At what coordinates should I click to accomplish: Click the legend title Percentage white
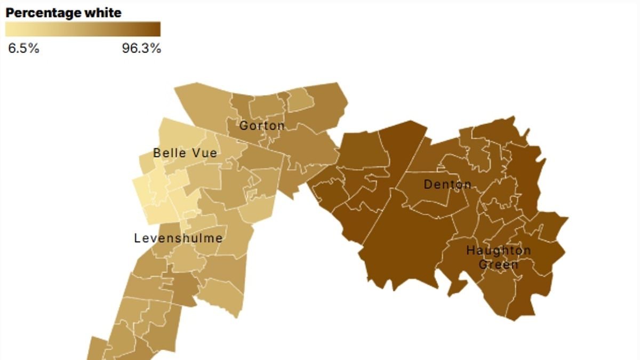point(63,13)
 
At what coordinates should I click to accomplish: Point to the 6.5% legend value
point(24,49)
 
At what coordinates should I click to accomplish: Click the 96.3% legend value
point(141,49)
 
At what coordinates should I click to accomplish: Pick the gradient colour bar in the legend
point(83,29)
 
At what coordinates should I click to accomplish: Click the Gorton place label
point(262,126)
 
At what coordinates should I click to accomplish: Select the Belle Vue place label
point(185,153)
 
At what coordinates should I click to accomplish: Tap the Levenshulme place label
point(178,238)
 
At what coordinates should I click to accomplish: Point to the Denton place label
point(447,185)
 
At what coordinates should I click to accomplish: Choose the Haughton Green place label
point(499,257)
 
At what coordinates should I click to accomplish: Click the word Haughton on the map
point(499,250)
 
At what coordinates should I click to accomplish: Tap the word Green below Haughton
point(499,264)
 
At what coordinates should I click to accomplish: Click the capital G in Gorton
point(243,126)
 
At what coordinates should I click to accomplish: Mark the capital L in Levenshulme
point(137,238)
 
